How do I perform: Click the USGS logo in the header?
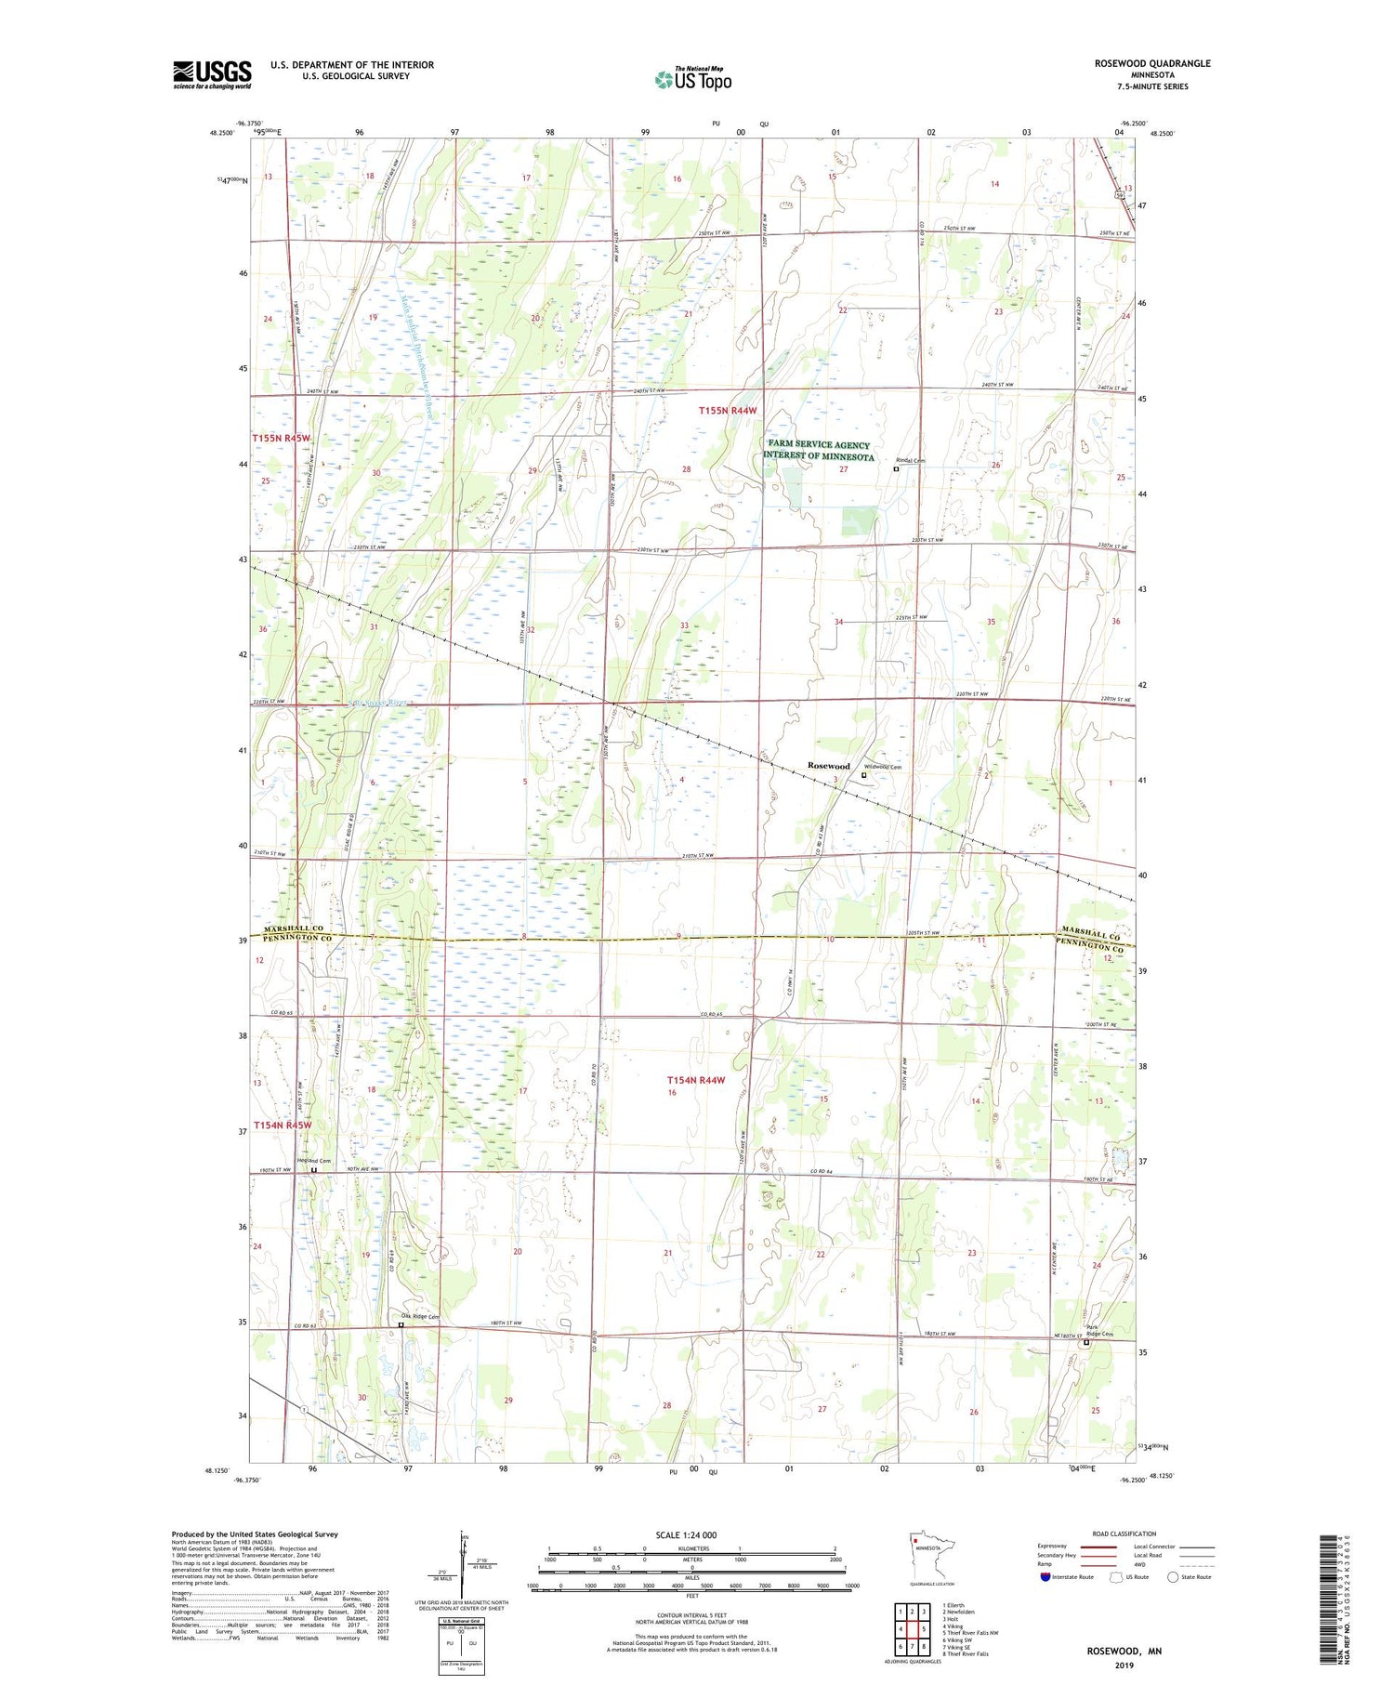point(212,74)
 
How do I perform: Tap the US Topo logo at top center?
point(692,79)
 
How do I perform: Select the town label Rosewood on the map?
point(828,766)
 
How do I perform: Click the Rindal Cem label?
point(910,460)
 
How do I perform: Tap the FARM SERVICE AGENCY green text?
point(819,445)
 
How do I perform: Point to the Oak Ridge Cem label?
point(419,1317)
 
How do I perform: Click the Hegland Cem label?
point(314,1162)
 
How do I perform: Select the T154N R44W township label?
point(695,1080)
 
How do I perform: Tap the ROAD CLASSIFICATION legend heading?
point(1124,1534)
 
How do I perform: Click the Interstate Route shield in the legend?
point(1045,1577)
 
